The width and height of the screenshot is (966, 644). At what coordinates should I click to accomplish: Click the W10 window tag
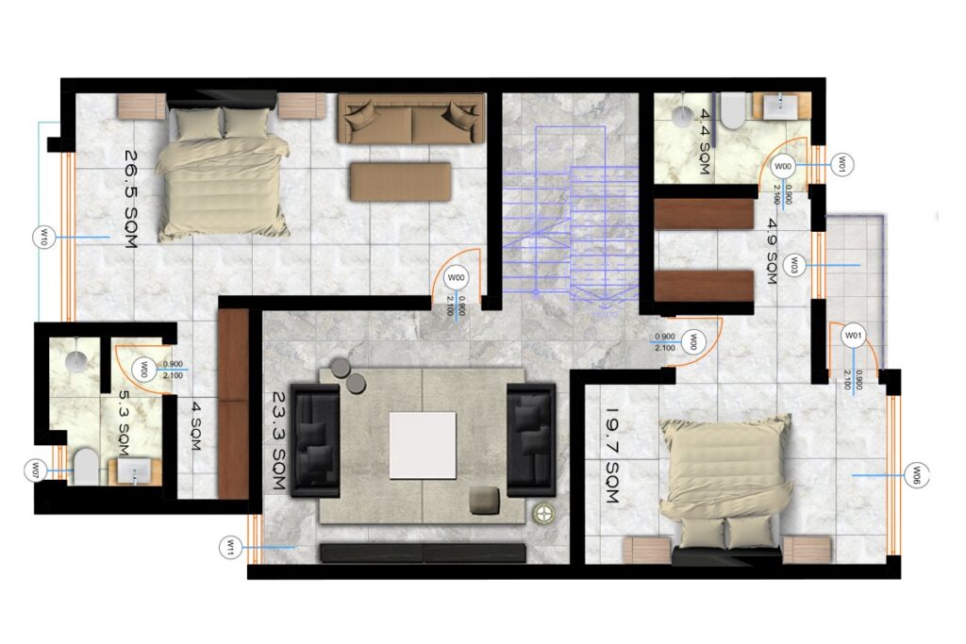(43, 237)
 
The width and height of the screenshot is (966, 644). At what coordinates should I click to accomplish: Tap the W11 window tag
(230, 547)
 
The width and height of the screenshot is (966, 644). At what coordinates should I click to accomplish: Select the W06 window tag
(916, 475)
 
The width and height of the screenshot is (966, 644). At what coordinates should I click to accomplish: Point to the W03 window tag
(794, 266)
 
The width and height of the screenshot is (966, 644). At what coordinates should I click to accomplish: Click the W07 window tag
(35, 471)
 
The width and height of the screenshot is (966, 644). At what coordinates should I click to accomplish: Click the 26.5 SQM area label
(130, 199)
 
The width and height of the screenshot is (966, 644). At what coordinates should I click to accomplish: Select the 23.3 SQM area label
(279, 440)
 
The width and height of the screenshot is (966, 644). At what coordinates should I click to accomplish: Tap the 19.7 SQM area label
(611, 455)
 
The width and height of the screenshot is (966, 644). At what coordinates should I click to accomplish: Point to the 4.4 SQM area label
(705, 141)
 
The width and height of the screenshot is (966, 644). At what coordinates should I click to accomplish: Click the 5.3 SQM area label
(124, 421)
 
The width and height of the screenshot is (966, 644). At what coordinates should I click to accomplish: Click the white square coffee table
(423, 445)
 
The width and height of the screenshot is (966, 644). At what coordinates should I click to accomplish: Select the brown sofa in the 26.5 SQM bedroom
(411, 119)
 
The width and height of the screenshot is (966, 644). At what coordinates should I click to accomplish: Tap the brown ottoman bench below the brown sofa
(400, 182)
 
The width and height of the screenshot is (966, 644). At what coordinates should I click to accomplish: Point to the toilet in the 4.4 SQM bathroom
(733, 111)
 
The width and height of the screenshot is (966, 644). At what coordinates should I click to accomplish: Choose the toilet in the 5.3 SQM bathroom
(86, 467)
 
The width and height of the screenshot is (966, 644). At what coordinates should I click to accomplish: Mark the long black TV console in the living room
(423, 553)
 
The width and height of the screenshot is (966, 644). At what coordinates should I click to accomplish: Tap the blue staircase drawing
(571, 218)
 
